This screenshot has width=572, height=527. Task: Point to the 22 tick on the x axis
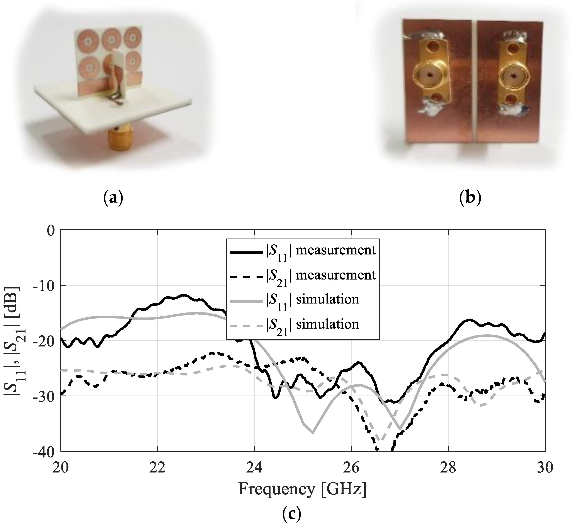[157, 468]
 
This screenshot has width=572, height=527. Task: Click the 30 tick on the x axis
[544, 468]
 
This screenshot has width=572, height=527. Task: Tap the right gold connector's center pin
[514, 76]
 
